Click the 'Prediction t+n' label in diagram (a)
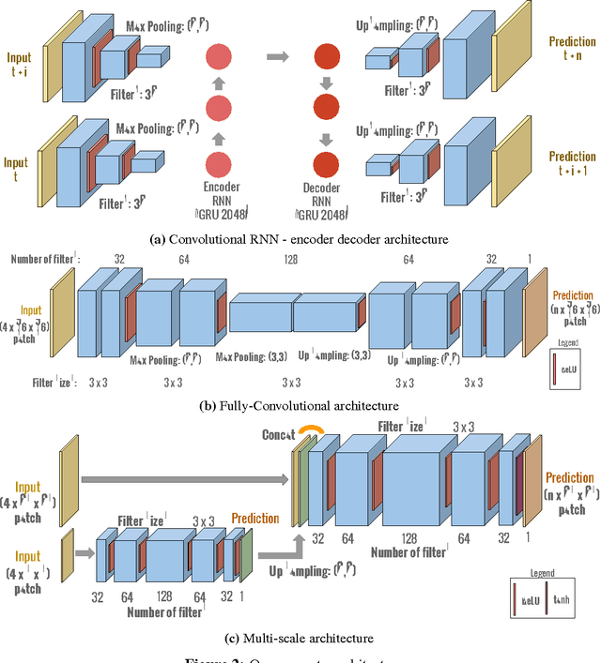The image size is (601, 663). pyautogui.click(x=572, y=49)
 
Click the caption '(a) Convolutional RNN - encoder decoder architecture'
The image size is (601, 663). pyautogui.click(x=300, y=239)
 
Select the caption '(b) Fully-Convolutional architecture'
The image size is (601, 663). pyautogui.click(x=300, y=405)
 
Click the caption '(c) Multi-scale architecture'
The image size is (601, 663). pyautogui.click(x=300, y=638)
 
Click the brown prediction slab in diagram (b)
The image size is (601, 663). pyautogui.click(x=535, y=313)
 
